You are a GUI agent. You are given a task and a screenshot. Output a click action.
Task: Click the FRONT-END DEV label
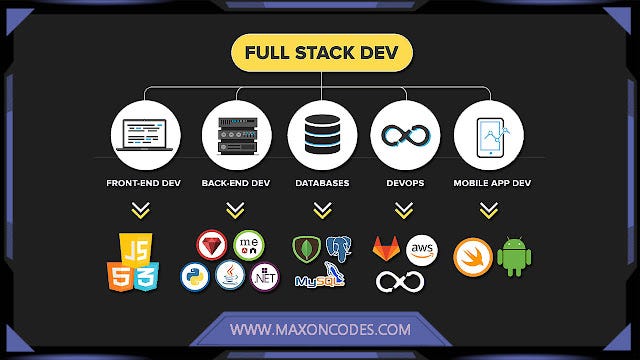148,184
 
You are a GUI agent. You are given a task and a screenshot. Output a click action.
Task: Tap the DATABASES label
321,184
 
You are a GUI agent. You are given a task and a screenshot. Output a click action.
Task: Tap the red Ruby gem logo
210,246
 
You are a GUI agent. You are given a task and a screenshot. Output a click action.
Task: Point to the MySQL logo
320,278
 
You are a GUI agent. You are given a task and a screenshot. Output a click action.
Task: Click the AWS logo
423,249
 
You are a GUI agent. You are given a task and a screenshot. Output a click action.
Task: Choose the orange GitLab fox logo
387,248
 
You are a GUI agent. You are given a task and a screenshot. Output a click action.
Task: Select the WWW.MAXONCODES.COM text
319,328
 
